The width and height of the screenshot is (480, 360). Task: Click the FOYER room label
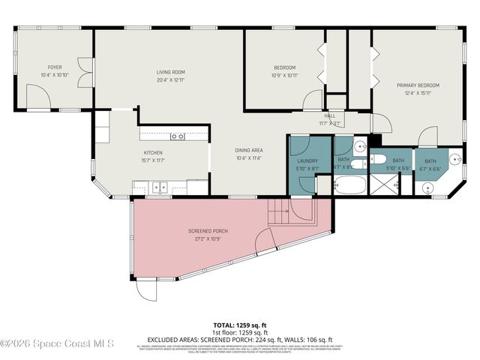click(x=54, y=67)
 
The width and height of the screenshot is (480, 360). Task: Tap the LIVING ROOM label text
click(x=171, y=72)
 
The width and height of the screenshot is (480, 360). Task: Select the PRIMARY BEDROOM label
click(x=418, y=85)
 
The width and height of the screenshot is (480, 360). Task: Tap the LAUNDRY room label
click(x=307, y=160)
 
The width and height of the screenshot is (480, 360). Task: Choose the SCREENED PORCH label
click(x=207, y=231)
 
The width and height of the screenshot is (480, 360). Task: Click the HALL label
click(x=329, y=115)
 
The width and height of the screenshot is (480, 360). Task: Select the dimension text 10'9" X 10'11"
click(x=284, y=75)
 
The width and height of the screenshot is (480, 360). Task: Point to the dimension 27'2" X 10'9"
click(x=207, y=239)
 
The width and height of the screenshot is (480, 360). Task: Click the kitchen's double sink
click(x=158, y=187)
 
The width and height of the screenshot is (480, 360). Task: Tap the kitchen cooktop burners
click(x=178, y=136)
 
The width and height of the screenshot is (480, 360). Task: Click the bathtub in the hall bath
click(x=349, y=184)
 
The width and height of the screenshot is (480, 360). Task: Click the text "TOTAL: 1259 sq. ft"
click(x=239, y=327)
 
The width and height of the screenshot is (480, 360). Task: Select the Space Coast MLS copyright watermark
click(x=57, y=344)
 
